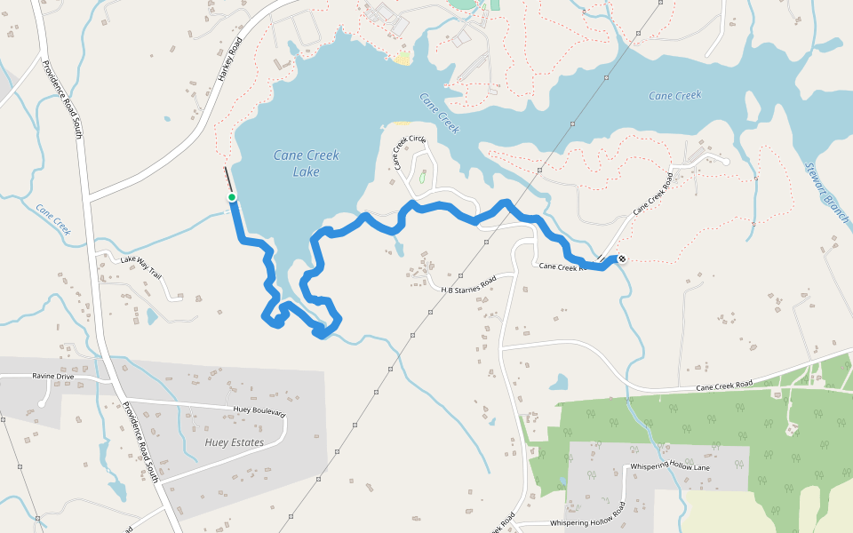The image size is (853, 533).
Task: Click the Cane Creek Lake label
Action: [x=306, y=163]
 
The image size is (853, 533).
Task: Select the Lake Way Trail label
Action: [x=142, y=265]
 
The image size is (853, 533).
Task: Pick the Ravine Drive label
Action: [x=52, y=377]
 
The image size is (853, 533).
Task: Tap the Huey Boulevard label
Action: [x=259, y=411]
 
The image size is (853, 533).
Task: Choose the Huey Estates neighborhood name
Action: [x=234, y=442]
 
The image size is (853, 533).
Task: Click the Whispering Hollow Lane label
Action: [x=669, y=466]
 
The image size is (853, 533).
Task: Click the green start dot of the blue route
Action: [x=231, y=196]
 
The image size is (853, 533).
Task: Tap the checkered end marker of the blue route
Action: [x=621, y=259]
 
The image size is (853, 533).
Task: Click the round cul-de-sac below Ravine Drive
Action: [x=42, y=404]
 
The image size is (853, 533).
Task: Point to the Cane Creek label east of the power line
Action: [x=674, y=95]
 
